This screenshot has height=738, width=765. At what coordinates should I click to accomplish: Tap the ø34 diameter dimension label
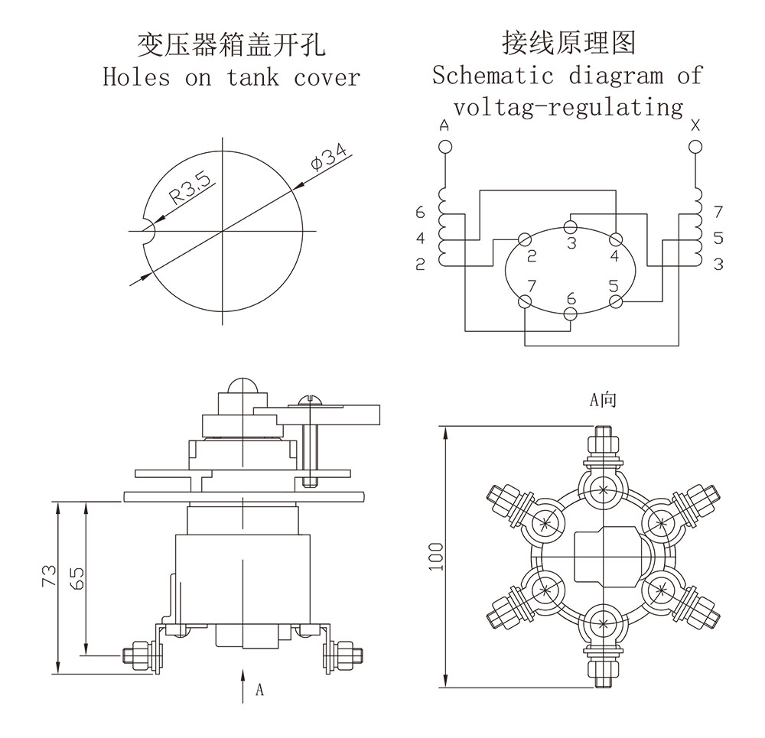point(327,159)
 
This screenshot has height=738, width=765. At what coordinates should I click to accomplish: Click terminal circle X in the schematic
point(695,145)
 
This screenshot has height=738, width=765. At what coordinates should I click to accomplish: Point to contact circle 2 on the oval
point(526,239)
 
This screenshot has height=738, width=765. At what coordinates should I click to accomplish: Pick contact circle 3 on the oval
point(571,226)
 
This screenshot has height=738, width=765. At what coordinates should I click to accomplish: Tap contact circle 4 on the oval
point(616,239)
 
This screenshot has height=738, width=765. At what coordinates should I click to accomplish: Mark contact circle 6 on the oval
point(571,314)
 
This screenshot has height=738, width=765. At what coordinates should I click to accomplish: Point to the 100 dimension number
point(437,558)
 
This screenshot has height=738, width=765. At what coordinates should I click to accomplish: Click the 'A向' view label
point(602,399)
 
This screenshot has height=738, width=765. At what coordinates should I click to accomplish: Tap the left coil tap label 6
point(419,212)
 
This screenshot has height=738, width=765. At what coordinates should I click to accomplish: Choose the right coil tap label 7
point(718,212)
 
